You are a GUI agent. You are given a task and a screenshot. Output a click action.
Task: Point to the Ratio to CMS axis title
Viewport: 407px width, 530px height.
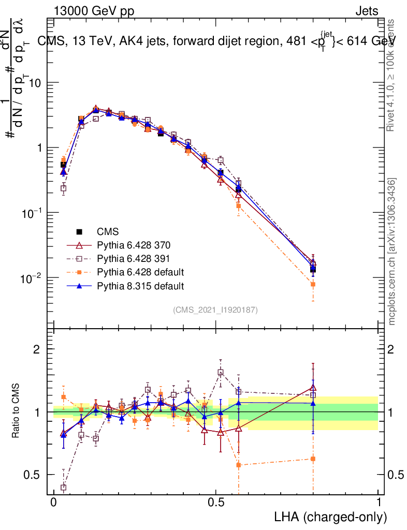coord(17,412)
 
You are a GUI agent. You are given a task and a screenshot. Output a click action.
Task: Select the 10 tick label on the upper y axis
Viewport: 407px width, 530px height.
coord(35,83)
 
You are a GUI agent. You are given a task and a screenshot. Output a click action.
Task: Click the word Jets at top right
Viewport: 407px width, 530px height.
coord(366,11)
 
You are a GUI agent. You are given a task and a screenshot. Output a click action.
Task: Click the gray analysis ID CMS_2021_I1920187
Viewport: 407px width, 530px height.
coord(215,310)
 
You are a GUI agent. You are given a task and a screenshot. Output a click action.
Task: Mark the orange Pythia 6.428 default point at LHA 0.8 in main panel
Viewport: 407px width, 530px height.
coord(313,284)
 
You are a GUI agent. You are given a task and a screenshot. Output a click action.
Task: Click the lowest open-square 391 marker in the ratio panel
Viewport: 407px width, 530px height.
coord(64,487)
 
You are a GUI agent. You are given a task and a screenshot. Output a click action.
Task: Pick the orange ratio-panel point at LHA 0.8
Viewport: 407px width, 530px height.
coord(313,459)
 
